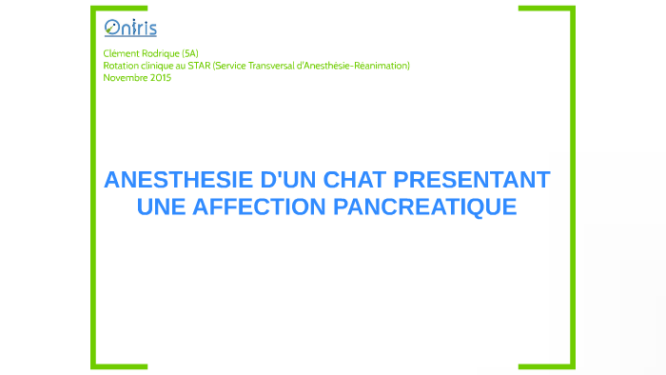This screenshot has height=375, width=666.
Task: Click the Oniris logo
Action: pos(130,28)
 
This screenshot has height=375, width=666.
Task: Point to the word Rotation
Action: pos(121,66)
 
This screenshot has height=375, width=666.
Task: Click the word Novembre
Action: pos(125,78)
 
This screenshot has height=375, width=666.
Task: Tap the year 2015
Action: pos(160,78)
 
